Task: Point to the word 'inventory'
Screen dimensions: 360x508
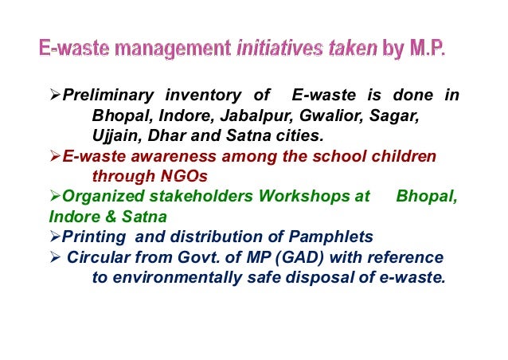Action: pos(203,96)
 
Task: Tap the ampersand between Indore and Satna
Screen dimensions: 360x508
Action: pos(103,216)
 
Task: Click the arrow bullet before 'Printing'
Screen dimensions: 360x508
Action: pos(55,237)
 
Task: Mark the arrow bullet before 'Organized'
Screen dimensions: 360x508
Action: pos(55,196)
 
